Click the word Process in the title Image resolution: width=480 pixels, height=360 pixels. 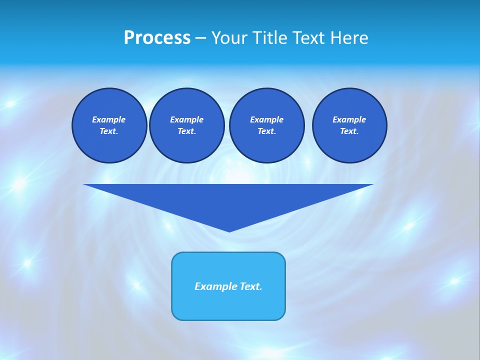pyautogui.click(x=157, y=38)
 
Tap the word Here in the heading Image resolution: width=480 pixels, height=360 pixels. pyautogui.click(x=349, y=38)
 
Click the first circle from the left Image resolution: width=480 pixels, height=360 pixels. pyautogui.click(x=109, y=125)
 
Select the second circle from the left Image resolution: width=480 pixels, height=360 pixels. pyautogui.click(x=186, y=125)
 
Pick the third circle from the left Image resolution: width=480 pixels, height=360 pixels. pyautogui.click(x=266, y=125)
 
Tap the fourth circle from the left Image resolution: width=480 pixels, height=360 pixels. pyautogui.click(x=349, y=125)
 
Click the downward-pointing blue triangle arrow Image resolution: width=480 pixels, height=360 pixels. pyautogui.click(x=228, y=200)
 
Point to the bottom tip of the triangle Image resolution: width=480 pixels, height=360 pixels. pyautogui.click(x=229, y=231)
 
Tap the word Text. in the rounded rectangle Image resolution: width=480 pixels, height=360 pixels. pyautogui.click(x=250, y=286)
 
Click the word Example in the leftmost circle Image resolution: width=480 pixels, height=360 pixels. pyautogui.click(x=109, y=120)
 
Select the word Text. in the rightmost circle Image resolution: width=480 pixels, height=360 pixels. pyautogui.click(x=349, y=131)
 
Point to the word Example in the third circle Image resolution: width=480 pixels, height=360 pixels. pyautogui.click(x=266, y=120)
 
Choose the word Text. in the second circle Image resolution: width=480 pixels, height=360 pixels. pyautogui.click(x=186, y=131)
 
